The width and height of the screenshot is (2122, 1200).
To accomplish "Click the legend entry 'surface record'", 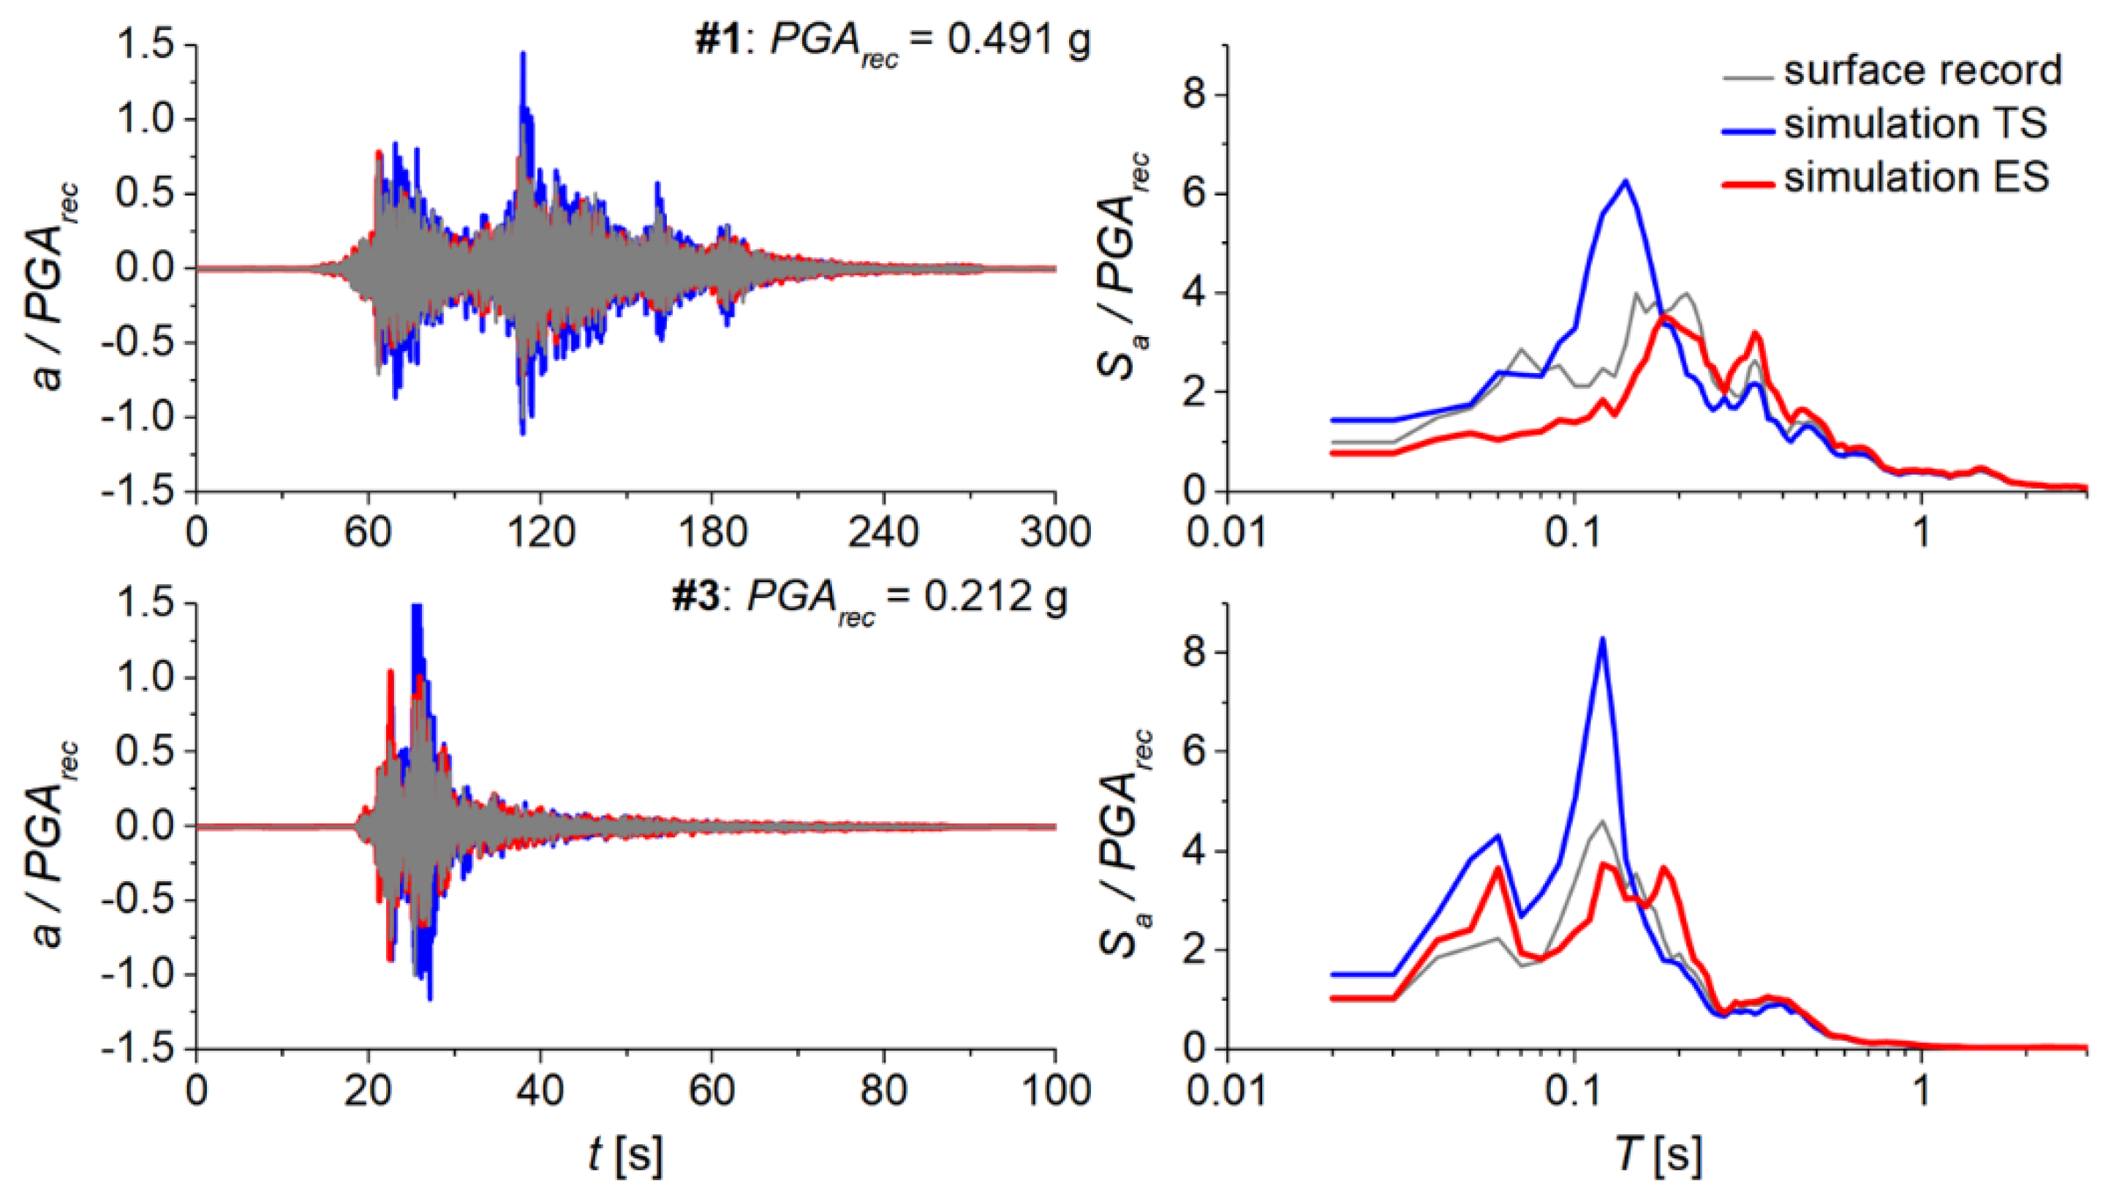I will click(1922, 71).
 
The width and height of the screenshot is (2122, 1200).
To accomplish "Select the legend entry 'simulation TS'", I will click(1915, 124).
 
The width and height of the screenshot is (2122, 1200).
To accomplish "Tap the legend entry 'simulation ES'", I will click(1916, 178).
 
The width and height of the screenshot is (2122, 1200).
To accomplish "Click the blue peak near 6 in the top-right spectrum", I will click(1625, 181).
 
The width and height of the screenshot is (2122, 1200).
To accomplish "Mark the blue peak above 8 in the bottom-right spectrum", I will click(1602, 638).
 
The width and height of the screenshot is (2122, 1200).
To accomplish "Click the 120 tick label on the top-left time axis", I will click(540, 532).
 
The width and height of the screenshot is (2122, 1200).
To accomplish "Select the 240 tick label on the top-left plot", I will click(883, 532).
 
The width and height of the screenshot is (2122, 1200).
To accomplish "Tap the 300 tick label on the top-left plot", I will click(1055, 532).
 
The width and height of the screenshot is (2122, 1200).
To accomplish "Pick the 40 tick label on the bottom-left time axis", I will click(540, 1090).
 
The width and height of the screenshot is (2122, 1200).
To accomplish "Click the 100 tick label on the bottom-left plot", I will click(1055, 1090).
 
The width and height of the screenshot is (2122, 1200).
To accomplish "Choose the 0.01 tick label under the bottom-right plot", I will click(1226, 1090).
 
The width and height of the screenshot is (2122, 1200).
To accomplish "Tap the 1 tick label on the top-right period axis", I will click(1922, 532).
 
